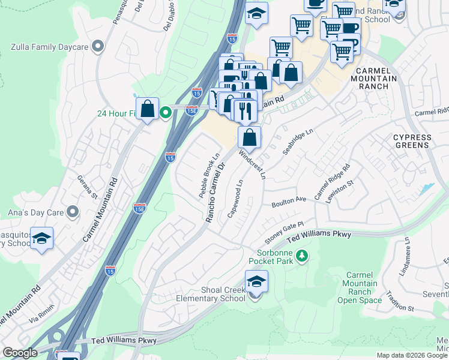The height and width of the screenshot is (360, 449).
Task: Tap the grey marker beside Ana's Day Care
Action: tap(73, 211)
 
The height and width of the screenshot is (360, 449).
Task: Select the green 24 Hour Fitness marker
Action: tap(166, 113)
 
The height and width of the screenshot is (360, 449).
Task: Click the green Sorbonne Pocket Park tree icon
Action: tap(303, 256)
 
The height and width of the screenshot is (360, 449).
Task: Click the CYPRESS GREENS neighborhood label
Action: tap(412, 141)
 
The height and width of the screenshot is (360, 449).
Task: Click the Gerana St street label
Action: tap(86, 187)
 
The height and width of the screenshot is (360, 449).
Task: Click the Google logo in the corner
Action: tap(19, 353)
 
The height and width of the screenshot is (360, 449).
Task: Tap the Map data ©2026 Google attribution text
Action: tap(411, 355)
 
